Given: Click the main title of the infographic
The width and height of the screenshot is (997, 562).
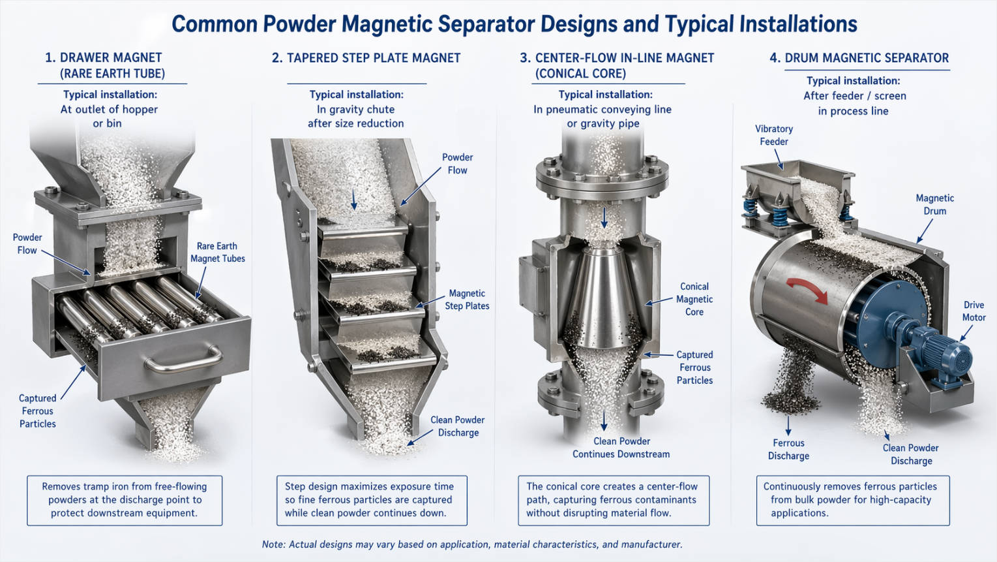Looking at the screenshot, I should [514, 25].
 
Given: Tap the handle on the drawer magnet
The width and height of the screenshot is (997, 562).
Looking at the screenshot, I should [183, 358].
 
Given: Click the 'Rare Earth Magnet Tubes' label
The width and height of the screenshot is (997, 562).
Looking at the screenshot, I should [218, 253].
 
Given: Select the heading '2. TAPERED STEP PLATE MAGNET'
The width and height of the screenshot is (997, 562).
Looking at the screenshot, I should [366, 58].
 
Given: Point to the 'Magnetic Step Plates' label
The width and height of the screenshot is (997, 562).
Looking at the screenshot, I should [467, 300].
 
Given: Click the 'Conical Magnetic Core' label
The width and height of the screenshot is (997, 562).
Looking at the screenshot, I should [694, 299].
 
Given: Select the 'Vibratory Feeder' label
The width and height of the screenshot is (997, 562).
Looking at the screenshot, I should [774, 135].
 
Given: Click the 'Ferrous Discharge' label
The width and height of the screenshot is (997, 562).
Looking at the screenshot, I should [788, 449].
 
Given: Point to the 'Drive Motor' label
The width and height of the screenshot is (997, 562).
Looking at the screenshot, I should [974, 311].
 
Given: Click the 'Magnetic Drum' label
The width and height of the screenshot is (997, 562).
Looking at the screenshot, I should [934, 204].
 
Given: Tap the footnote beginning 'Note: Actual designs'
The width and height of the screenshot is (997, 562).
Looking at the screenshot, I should [472, 544].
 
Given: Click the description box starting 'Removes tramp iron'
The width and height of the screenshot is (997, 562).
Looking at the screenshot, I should [125, 500].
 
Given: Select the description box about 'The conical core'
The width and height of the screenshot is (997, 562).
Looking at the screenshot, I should [613, 500].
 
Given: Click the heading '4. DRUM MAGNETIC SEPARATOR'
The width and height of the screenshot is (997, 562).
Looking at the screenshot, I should [859, 58].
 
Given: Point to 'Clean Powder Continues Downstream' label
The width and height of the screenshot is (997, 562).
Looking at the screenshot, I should [621, 448].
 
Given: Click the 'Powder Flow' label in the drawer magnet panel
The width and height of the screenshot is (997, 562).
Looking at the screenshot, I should [27, 243].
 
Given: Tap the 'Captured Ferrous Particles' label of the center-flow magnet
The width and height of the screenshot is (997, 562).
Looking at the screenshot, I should [694, 367].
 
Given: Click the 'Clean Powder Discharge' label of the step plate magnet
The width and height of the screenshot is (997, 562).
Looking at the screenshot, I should [458, 426].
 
